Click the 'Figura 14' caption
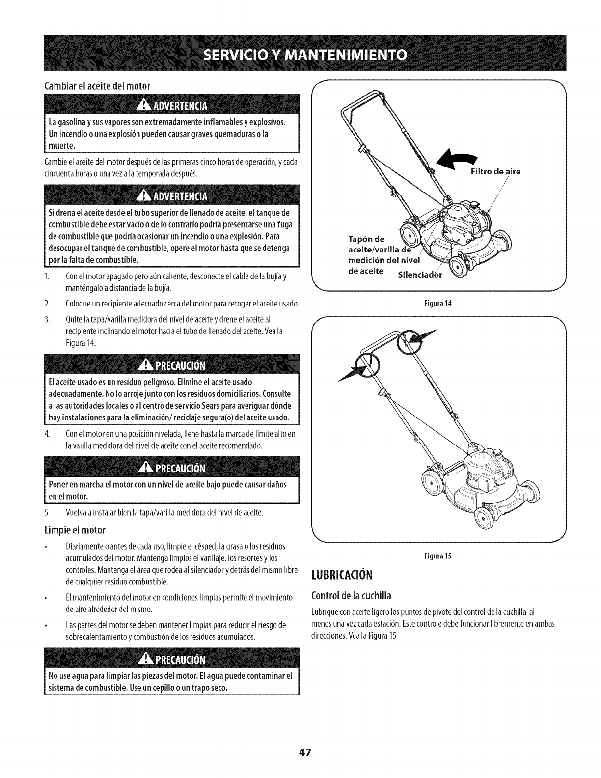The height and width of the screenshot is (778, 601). point(440,304)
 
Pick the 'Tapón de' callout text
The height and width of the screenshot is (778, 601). point(366,239)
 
